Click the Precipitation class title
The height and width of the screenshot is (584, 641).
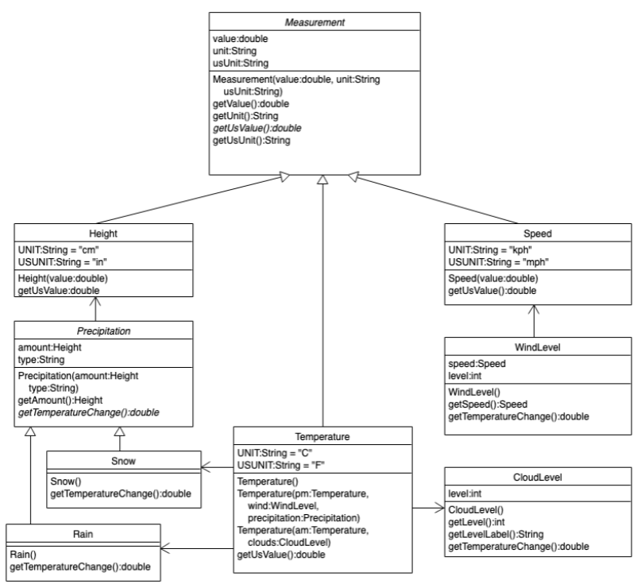tap(102, 329)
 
